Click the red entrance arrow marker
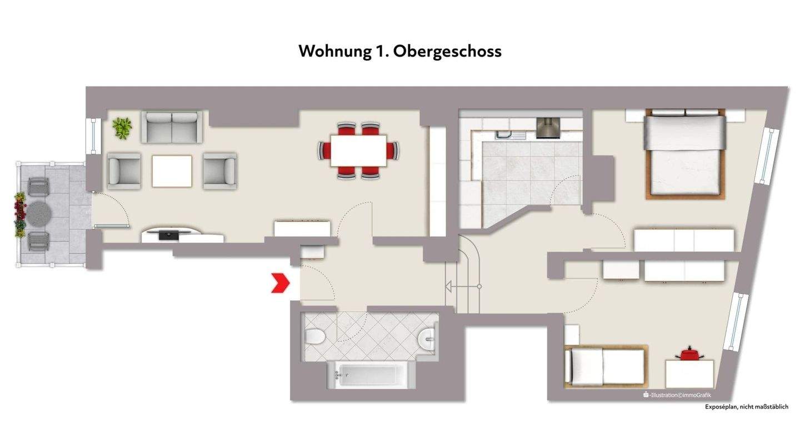pos(280,283)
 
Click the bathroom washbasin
pos(428,336)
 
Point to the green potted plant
pos(122,128)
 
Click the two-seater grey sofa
pos(172,127)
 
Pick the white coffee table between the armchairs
pos(172,171)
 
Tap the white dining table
pos(358,150)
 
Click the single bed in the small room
pos(604,366)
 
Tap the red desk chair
pos(689,353)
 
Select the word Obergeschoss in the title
pos(447,51)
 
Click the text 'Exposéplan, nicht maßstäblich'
pos(746,407)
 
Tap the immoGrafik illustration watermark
pos(677,395)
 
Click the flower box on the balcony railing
pos(20,214)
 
